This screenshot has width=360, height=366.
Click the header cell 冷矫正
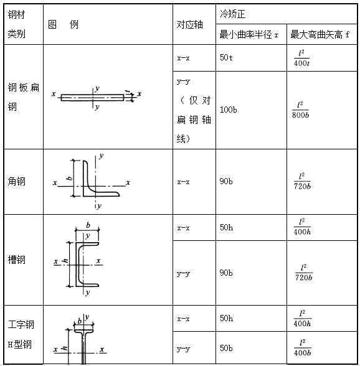tap(232, 14)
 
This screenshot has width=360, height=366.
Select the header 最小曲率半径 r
tap(249, 35)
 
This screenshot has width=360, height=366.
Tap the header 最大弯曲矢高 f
tap(320, 35)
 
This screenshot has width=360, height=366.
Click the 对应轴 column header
tap(189, 24)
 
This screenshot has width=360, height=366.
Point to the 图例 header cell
tap(63, 24)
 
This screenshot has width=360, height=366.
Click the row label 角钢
tap(16, 181)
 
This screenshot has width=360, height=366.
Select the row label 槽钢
tap(16, 260)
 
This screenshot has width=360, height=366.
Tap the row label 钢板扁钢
tap(24, 97)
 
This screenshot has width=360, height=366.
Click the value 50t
tap(226, 57)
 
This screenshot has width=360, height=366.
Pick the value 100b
tap(228, 110)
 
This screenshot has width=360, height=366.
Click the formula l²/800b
tap(300, 110)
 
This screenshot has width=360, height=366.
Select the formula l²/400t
tap(301, 58)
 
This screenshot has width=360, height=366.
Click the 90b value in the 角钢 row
tap(226, 181)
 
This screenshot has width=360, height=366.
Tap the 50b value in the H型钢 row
tap(226, 348)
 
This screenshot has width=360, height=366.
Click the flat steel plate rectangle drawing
tap(92, 98)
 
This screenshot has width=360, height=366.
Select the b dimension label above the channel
tap(88, 225)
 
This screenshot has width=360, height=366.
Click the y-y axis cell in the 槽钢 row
tap(183, 273)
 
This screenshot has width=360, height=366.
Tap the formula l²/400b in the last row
tap(302, 348)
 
